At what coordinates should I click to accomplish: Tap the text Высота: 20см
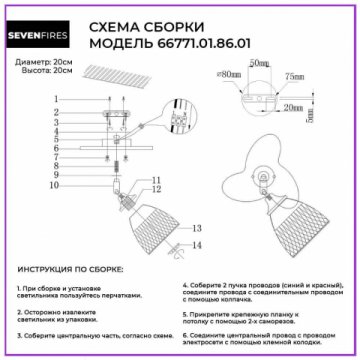[x=39, y=73]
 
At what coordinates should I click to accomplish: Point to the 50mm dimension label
[x=259, y=63]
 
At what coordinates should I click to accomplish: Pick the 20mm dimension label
[x=295, y=106]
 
